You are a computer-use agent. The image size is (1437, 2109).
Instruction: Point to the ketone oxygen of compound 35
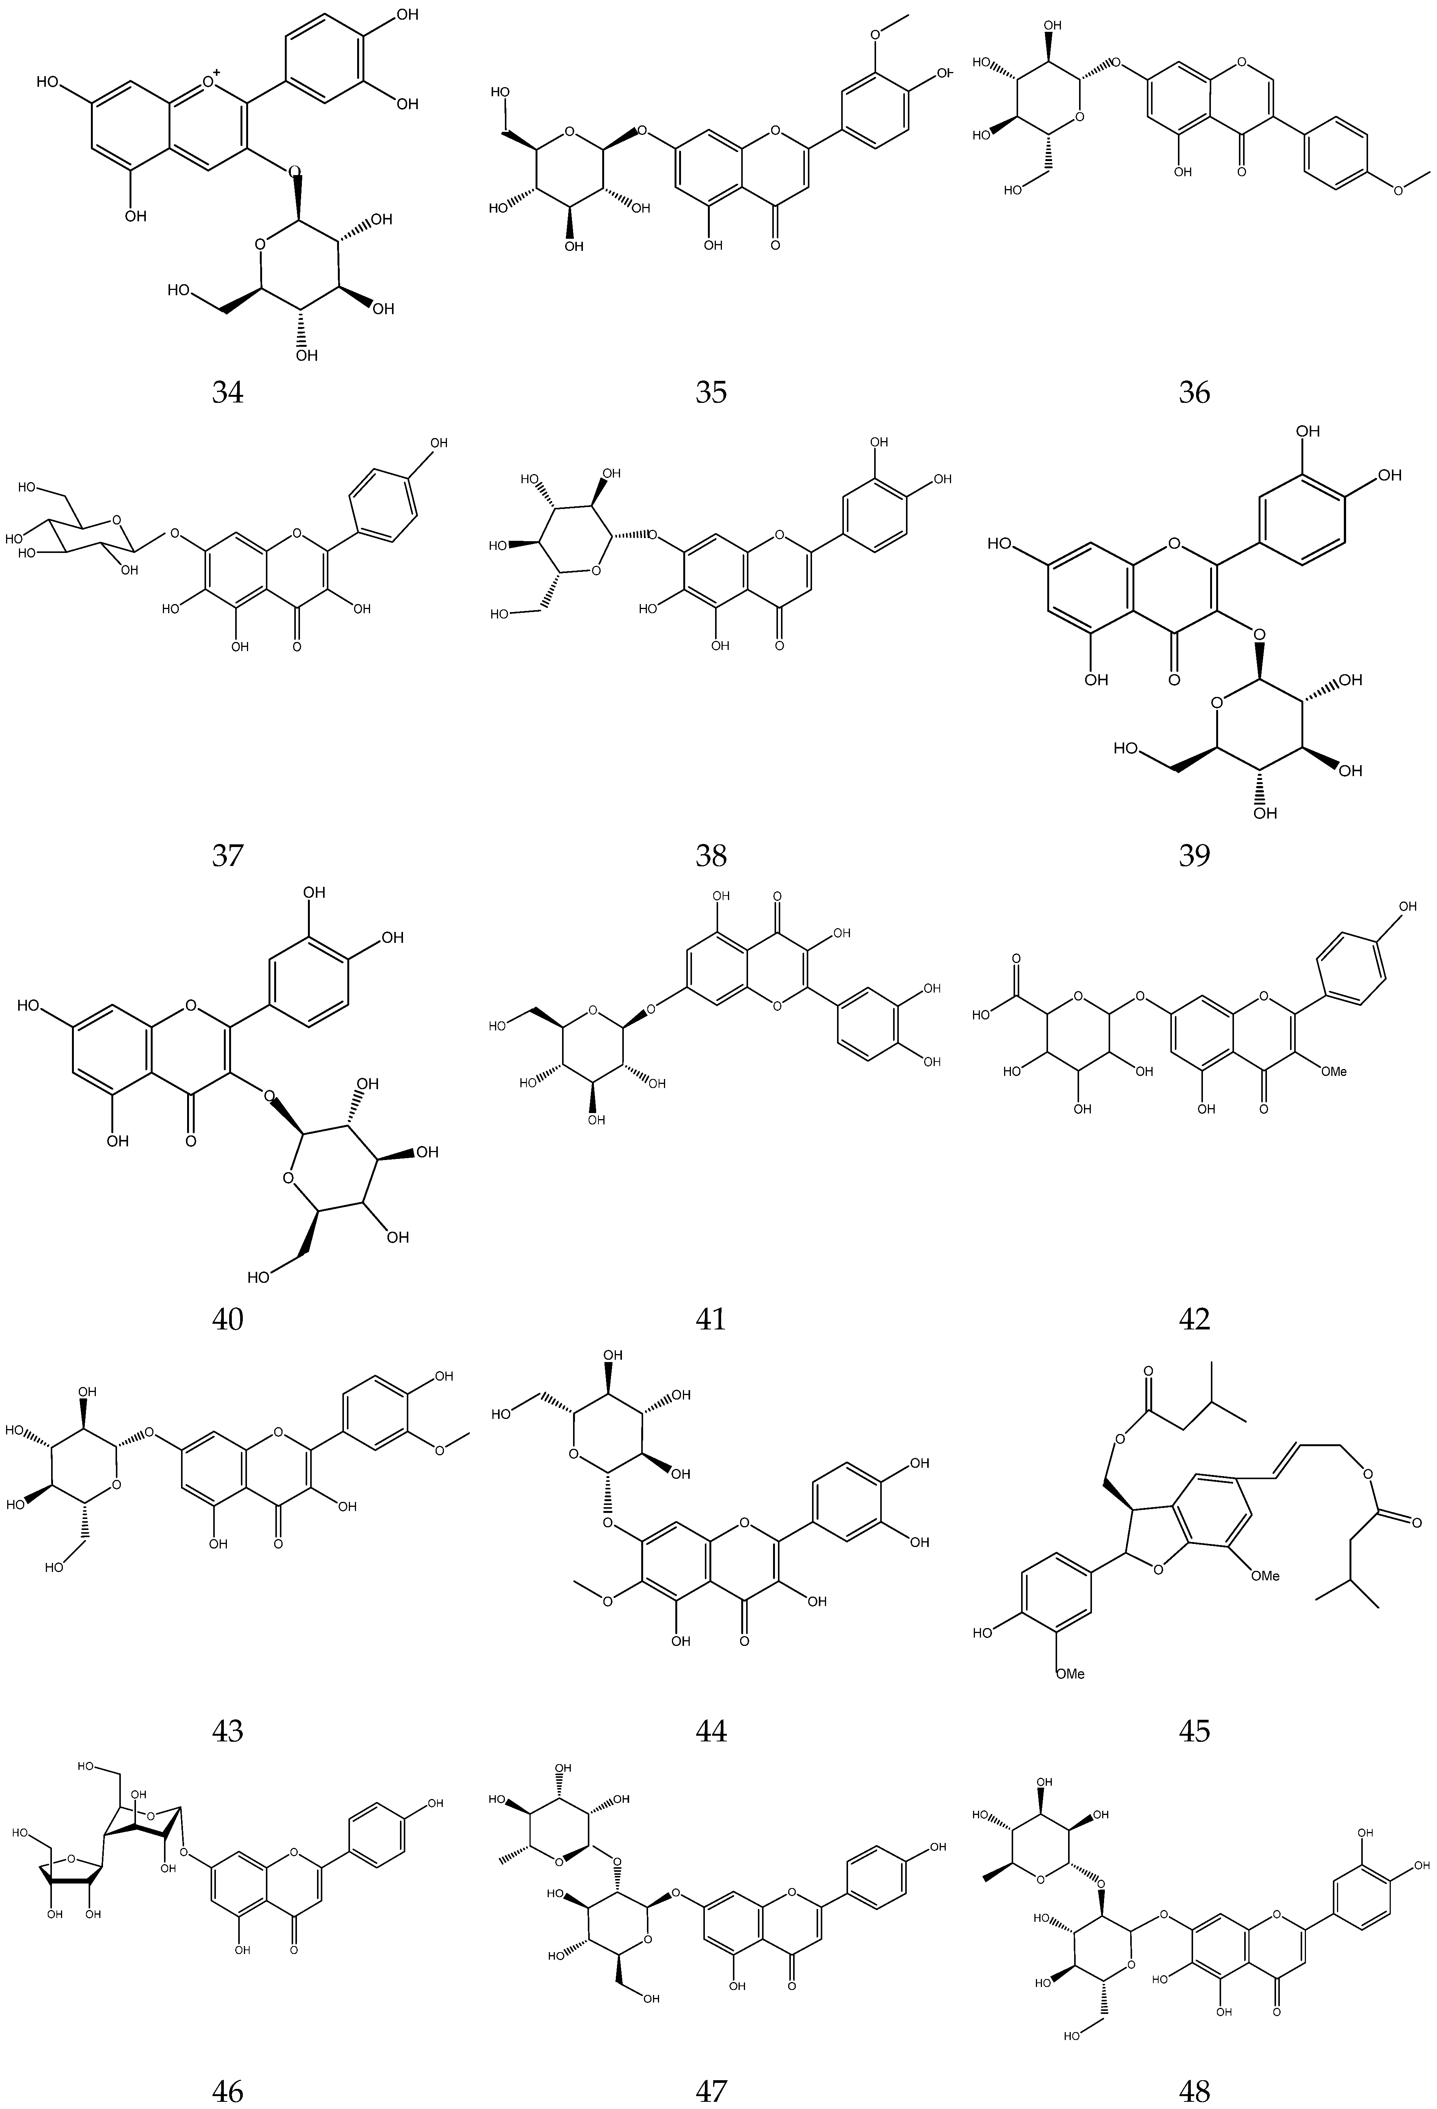tap(774, 245)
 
